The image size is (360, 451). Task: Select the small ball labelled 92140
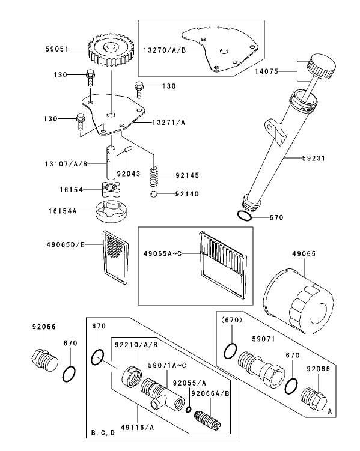(x=154, y=195)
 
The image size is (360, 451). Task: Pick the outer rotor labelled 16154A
(x=112, y=212)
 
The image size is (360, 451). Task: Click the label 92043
(x=129, y=174)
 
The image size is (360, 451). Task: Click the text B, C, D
(x=102, y=432)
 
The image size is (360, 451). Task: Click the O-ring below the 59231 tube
(x=244, y=217)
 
